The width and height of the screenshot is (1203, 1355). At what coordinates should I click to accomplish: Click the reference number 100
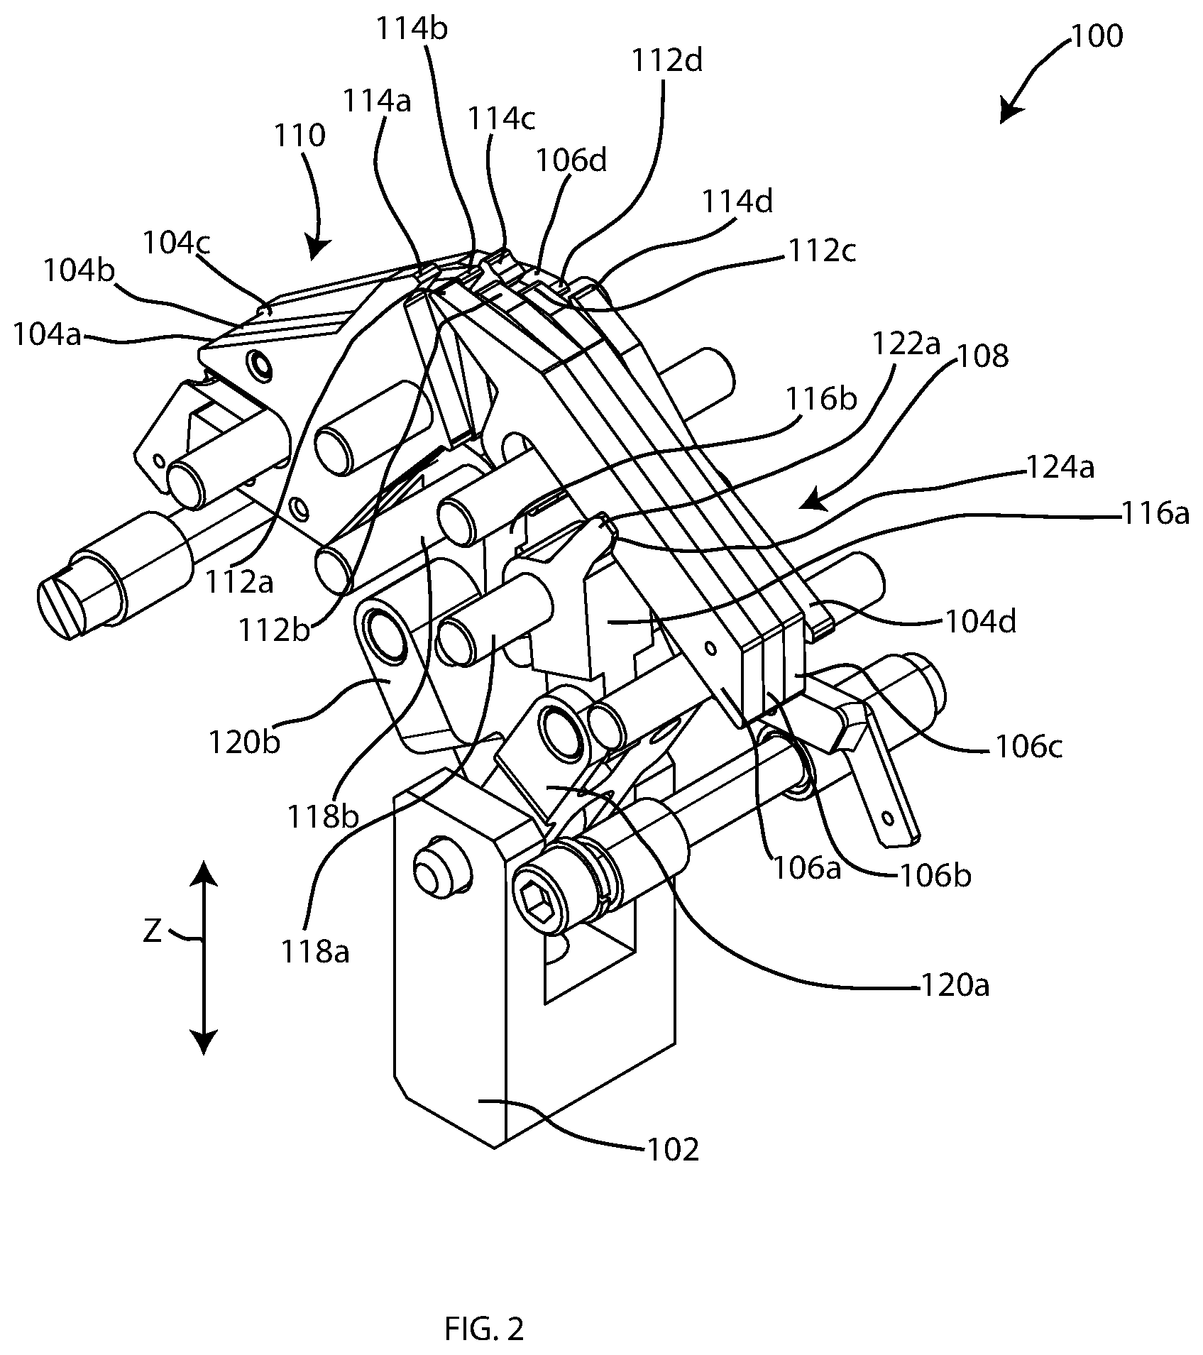pyautogui.click(x=1097, y=36)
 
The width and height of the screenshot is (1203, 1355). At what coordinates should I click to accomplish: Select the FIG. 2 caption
pyautogui.click(x=484, y=1329)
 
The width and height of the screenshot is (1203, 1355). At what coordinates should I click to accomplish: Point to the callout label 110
pyautogui.click(x=301, y=134)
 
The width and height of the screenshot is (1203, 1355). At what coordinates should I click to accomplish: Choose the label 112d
pyautogui.click(x=666, y=62)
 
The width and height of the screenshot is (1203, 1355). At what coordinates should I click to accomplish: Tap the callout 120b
pyautogui.click(x=244, y=742)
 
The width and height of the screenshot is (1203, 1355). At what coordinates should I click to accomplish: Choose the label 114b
pyautogui.click(x=413, y=32)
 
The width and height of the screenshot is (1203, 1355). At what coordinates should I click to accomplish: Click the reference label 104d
pyautogui.click(x=982, y=622)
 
